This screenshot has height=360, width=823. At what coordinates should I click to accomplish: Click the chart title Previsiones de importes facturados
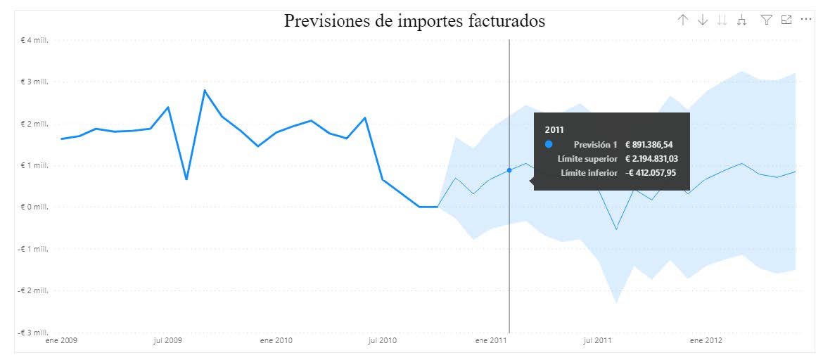pyautogui.click(x=414, y=21)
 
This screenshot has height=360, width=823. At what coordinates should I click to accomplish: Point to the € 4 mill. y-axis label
pyautogui.click(x=34, y=40)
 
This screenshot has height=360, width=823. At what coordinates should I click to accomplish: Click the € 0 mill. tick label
pyautogui.click(x=34, y=207)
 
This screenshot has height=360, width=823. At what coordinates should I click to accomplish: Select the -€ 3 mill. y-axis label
pyautogui.click(x=33, y=332)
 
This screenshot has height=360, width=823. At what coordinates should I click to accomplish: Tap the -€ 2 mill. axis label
pyautogui.click(x=33, y=290)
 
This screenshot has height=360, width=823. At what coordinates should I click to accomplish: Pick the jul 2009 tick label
pyautogui.click(x=167, y=341)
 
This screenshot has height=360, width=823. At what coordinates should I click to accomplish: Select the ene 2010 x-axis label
pyautogui.click(x=276, y=341)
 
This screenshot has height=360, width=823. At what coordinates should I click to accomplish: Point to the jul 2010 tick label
pyautogui.click(x=382, y=341)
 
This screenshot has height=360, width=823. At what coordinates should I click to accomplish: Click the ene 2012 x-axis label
pyautogui.click(x=706, y=341)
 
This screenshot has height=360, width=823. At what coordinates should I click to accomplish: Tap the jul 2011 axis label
pyautogui.click(x=596, y=341)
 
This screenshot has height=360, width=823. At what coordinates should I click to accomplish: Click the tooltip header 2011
pyautogui.click(x=554, y=130)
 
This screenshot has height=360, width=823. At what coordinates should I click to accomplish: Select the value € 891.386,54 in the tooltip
pyautogui.click(x=649, y=144)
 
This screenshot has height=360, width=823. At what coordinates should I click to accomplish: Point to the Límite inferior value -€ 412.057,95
pyautogui.click(x=651, y=172)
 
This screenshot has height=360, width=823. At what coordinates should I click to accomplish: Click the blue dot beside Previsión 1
pyautogui.click(x=549, y=144)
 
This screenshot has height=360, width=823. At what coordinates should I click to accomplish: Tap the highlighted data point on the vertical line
pyautogui.click(x=509, y=170)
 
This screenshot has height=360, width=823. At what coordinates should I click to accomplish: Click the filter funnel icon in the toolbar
pyautogui.click(x=767, y=20)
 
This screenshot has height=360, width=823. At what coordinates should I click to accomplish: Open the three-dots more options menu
pyautogui.click(x=806, y=20)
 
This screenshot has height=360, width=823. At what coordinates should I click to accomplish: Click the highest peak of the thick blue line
pyautogui.click(x=204, y=90)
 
